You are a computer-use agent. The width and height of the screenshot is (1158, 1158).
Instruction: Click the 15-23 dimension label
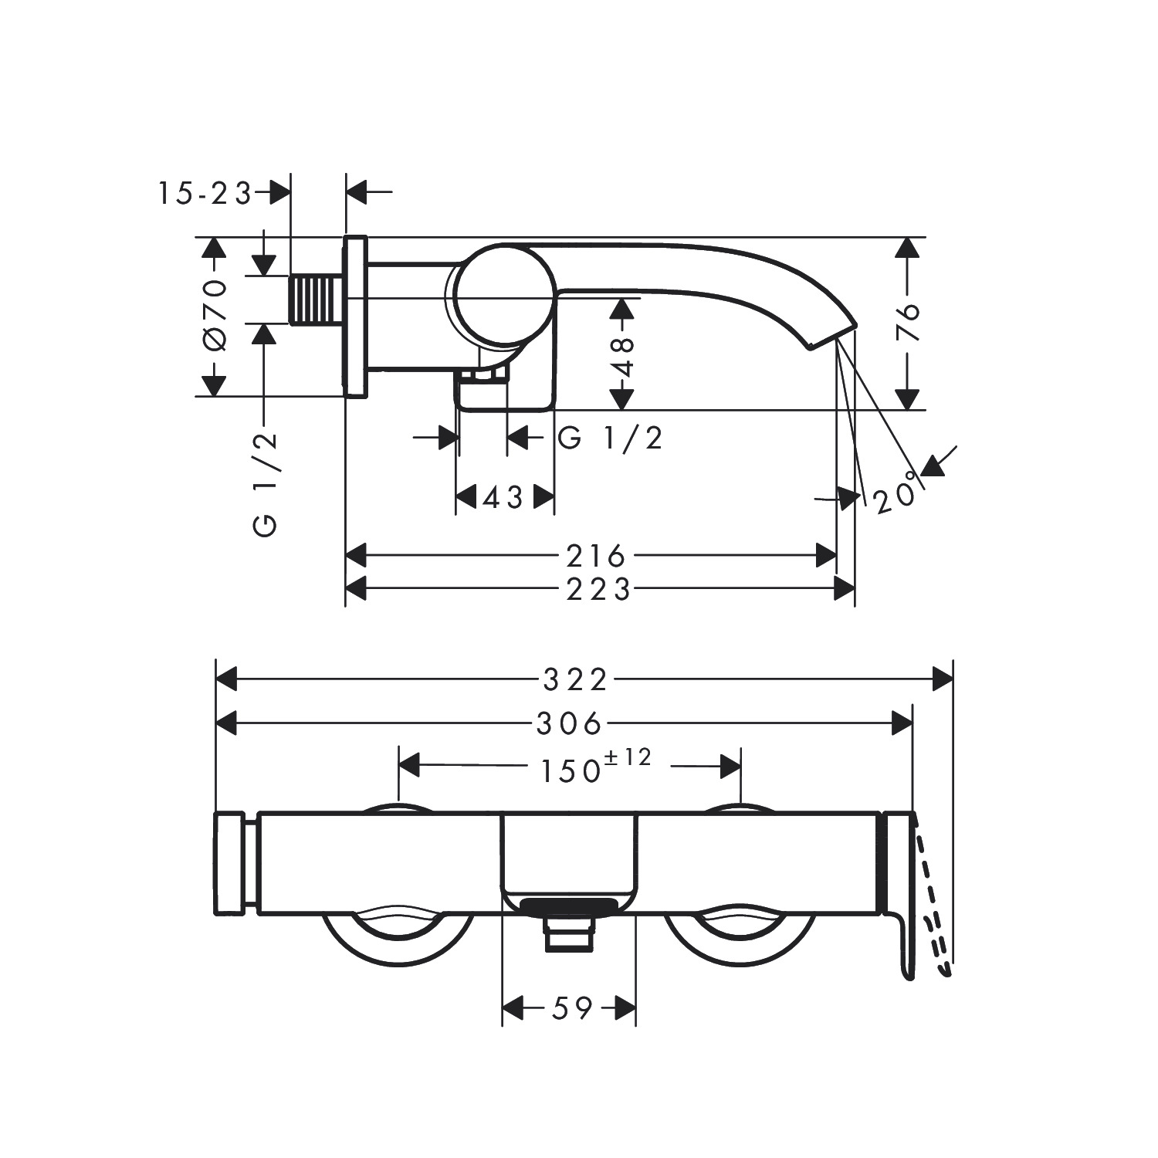[x=205, y=193]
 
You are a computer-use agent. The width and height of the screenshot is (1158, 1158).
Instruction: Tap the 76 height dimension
[x=910, y=322]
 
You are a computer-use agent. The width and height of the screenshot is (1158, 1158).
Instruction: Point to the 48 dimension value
[x=621, y=356]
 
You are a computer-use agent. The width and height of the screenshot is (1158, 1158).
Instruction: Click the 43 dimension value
[x=503, y=498]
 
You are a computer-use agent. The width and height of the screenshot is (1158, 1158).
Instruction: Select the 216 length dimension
[x=595, y=555]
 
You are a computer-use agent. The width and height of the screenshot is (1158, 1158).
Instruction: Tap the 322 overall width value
[x=576, y=680]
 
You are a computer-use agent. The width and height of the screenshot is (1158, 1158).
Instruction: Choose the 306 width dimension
[x=569, y=724]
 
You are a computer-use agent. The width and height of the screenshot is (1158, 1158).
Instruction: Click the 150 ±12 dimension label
[x=594, y=767]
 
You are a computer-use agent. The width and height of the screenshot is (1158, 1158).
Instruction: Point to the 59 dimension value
[x=572, y=1008]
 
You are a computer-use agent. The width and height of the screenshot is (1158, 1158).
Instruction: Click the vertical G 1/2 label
[x=265, y=484]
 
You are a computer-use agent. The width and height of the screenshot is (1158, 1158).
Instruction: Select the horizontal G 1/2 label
[x=611, y=438]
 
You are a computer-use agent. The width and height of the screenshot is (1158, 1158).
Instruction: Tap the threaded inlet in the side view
[x=317, y=300]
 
